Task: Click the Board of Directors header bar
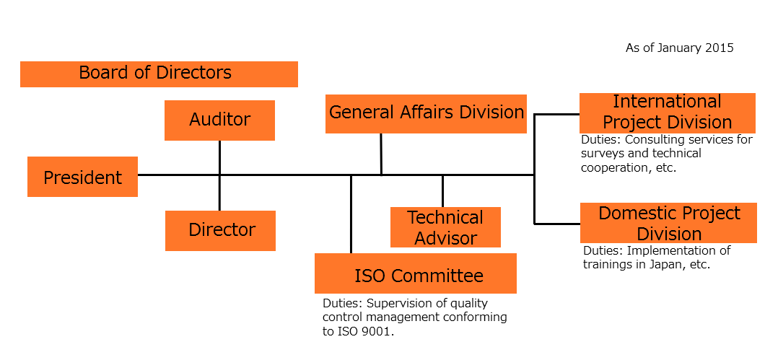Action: pyautogui.click(x=159, y=74)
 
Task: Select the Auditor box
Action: pyautogui.click(x=219, y=120)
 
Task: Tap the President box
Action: pyautogui.click(x=82, y=177)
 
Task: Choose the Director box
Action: pyautogui.click(x=220, y=230)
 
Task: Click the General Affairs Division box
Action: pyautogui.click(x=426, y=113)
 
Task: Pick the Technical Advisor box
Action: pyautogui.click(x=445, y=227)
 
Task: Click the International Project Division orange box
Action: pyautogui.click(x=667, y=113)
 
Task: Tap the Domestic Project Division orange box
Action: pyautogui.click(x=669, y=223)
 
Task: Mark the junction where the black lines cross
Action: pyautogui.click(x=219, y=175)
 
